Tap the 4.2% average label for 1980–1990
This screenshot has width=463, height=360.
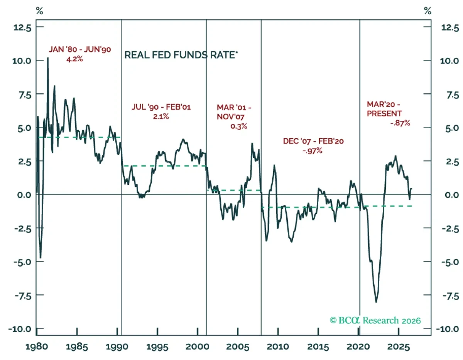click(x=74, y=59)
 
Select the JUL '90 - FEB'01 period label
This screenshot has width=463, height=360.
click(x=161, y=107)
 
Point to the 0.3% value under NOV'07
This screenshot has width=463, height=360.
click(x=238, y=126)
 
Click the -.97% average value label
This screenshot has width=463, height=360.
click(x=313, y=151)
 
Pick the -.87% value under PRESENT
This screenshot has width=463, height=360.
click(x=400, y=123)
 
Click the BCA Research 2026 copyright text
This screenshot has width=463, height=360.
click(x=375, y=320)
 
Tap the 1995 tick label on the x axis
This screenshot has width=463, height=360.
click(x=157, y=347)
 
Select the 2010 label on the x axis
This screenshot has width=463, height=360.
click(x=278, y=347)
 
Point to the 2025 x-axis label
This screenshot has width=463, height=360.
click(x=399, y=347)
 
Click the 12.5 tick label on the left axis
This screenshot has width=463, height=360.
click(x=22, y=28)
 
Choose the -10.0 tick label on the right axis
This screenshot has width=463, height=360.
click(x=448, y=329)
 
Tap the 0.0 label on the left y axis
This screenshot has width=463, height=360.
click(x=24, y=195)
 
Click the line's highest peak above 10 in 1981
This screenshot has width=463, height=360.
click(x=48, y=58)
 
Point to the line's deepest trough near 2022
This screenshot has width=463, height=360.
click(x=376, y=302)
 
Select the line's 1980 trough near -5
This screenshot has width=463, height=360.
click(x=41, y=258)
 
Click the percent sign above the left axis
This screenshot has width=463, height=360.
click(x=39, y=11)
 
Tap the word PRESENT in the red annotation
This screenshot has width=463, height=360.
click(x=384, y=113)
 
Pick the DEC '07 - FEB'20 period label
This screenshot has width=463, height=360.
click(x=313, y=141)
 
